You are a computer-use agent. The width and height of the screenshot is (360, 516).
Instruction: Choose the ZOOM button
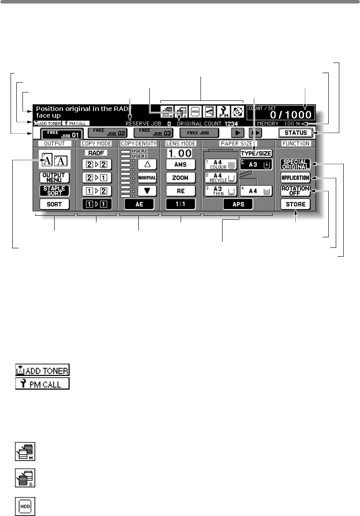181,177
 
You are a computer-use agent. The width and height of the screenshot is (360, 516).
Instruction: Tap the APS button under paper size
238,204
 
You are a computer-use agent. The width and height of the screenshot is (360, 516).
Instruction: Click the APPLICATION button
296,178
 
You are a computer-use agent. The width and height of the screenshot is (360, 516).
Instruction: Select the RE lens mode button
181,191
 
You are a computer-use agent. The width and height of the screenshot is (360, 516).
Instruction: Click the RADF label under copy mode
96,153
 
